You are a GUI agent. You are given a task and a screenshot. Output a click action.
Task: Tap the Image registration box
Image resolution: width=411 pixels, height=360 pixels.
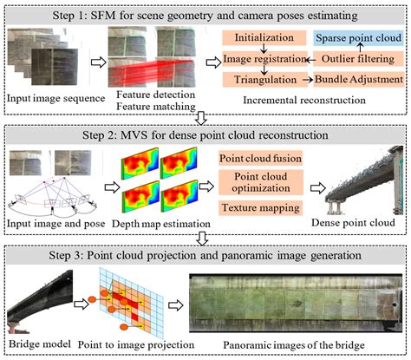(261, 59)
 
